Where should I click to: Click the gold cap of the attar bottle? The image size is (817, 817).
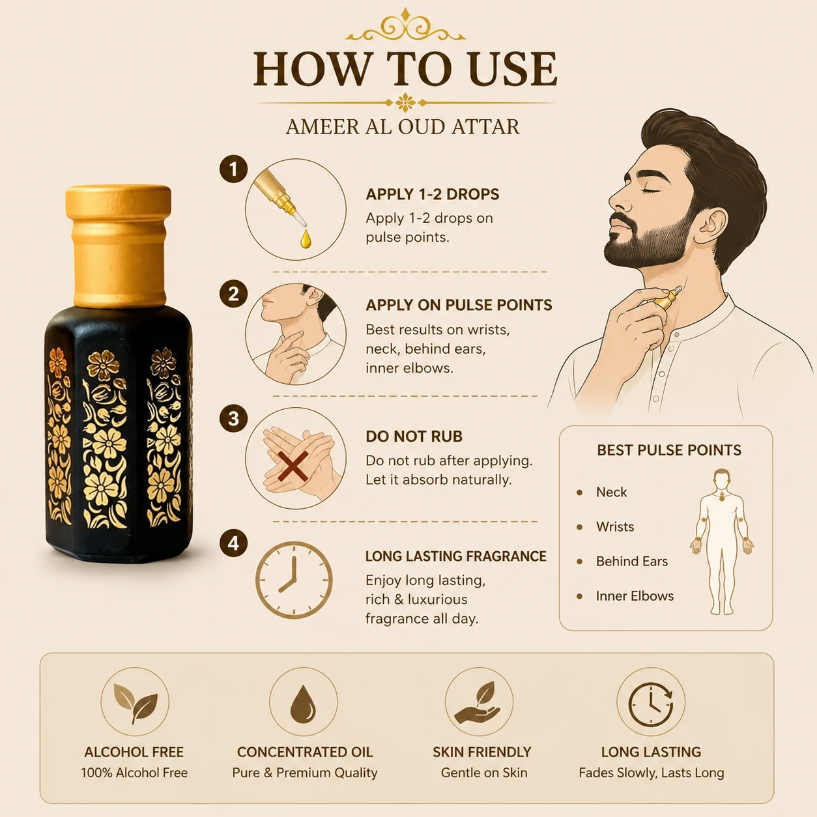pyautogui.click(x=119, y=246)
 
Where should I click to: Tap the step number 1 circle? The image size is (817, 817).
pyautogui.click(x=233, y=169)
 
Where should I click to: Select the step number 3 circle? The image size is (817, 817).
pyautogui.click(x=233, y=418)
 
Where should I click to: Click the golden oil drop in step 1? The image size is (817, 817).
pyautogui.click(x=306, y=238)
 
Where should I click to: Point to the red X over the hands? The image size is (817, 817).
pyautogui.click(x=293, y=466)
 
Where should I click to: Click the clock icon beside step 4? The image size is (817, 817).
pyautogui.click(x=294, y=580)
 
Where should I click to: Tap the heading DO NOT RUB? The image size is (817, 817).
pyautogui.click(x=414, y=437)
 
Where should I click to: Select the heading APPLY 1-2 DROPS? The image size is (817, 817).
pyautogui.click(x=433, y=194)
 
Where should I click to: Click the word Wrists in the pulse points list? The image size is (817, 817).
pyautogui.click(x=615, y=526)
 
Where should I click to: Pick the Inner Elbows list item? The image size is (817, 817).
pyautogui.click(x=635, y=596)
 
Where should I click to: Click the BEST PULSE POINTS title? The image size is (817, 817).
pyautogui.click(x=669, y=450)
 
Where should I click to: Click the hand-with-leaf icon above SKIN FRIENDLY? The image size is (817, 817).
pyautogui.click(x=478, y=702)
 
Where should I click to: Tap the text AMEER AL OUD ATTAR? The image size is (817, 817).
pyautogui.click(x=403, y=127)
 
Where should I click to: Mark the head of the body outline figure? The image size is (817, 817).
pyautogui.click(x=721, y=480)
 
